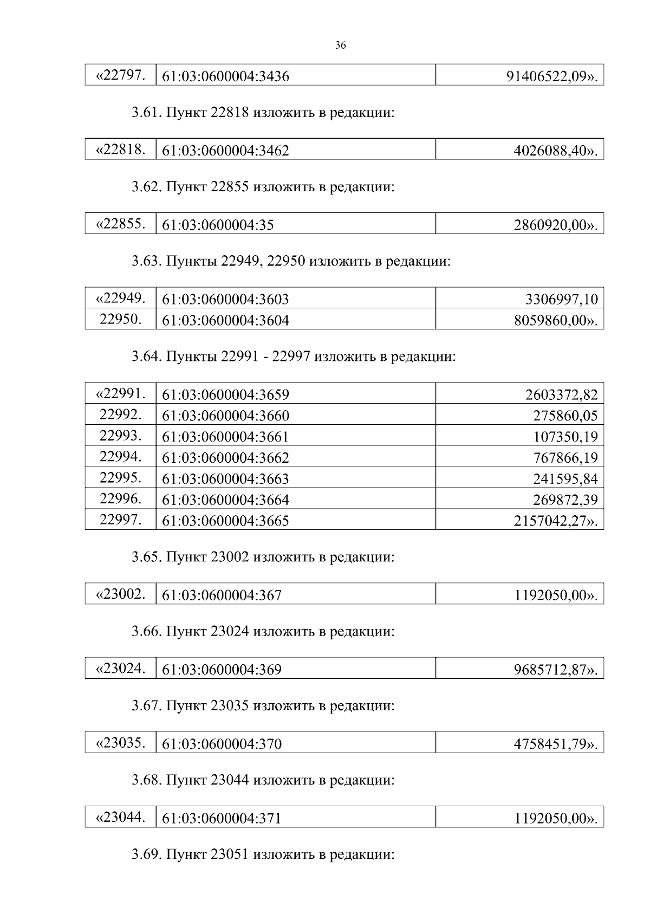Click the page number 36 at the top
(x=340, y=46)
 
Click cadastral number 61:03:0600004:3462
(x=225, y=151)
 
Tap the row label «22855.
(x=120, y=224)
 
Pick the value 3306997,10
(x=561, y=299)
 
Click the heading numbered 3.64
(x=146, y=357)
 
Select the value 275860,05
(x=565, y=416)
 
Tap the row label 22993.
(x=120, y=436)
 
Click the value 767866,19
(x=565, y=458)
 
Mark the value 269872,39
(x=565, y=500)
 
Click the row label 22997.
(x=120, y=520)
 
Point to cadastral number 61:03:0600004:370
(x=222, y=744)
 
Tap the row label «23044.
(x=120, y=817)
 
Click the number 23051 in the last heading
(x=229, y=855)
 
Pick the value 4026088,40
(x=556, y=151)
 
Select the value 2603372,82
(x=561, y=395)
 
